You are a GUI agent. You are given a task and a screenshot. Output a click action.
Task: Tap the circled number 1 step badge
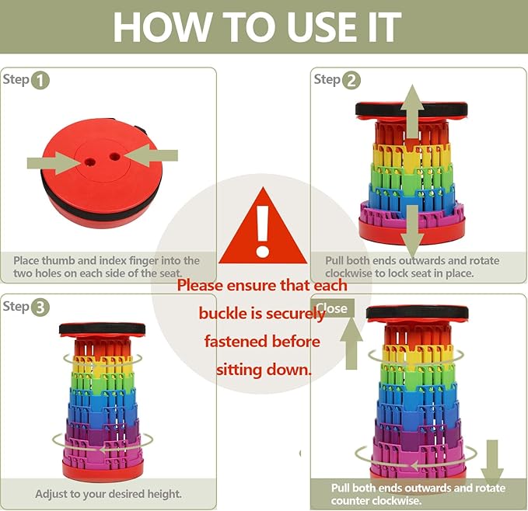(40, 81)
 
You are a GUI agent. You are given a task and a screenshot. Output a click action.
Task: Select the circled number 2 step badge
(351, 81)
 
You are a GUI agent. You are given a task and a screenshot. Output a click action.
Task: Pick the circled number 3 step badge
(40, 308)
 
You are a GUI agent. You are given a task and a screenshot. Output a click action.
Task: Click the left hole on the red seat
(89, 162)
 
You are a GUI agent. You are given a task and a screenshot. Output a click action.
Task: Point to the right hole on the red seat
(115, 156)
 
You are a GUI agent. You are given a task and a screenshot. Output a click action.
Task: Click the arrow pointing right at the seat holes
(54, 163)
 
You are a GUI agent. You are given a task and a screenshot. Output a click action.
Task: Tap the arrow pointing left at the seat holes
(151, 155)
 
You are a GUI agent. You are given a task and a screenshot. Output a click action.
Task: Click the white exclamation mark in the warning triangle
(262, 231)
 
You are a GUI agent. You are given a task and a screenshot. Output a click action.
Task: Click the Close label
(332, 308)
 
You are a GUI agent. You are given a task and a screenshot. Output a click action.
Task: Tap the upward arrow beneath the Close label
(351, 343)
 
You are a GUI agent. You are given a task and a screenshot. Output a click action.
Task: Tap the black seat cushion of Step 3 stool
(102, 329)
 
